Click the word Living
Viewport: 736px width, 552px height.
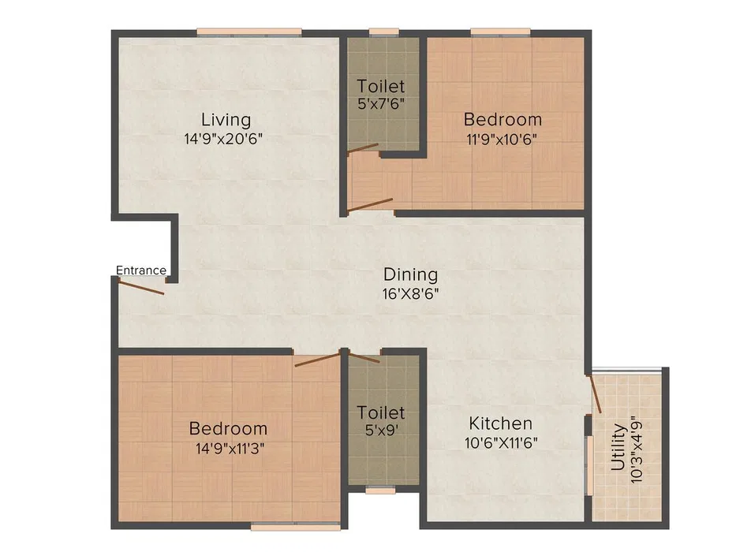[226, 120]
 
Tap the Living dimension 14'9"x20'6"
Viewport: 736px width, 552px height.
[223, 139]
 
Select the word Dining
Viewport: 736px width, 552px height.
[410, 275]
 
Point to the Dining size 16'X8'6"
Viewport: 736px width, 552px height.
[410, 294]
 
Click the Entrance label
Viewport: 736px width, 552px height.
[141, 270]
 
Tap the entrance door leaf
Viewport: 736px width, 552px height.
[141, 287]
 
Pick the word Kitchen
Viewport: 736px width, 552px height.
[500, 423]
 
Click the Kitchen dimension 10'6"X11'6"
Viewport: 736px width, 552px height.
[501, 442]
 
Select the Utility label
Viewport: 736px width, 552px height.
[618, 447]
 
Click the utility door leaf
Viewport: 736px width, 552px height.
[595, 393]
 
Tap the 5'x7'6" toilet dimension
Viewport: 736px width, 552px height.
[381, 103]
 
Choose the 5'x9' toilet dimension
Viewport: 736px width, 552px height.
[381, 430]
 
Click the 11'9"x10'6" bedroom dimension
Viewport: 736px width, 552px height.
[502, 140]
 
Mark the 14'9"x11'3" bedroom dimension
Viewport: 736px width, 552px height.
[230, 449]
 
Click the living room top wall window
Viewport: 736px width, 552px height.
[249, 32]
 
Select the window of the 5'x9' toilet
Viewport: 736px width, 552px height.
[380, 490]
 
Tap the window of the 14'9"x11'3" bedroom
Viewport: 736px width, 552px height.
[296, 527]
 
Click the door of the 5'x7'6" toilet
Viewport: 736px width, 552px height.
[362, 148]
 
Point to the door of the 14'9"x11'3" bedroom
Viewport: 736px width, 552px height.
[317, 360]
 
